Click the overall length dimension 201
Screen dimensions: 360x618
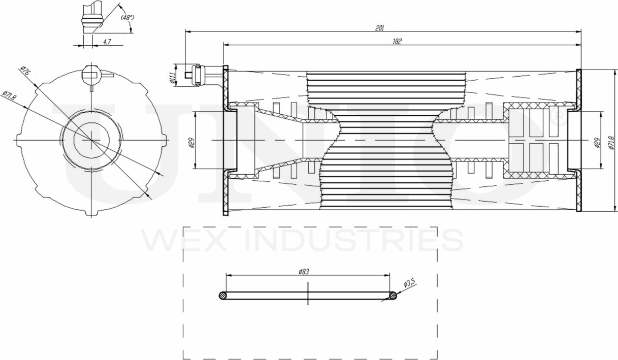(379, 28)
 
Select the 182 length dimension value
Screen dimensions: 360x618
(397, 42)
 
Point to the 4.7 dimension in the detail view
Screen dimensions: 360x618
(107, 42)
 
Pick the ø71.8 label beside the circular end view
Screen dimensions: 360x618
(10, 96)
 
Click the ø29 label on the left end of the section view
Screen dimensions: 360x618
(192, 143)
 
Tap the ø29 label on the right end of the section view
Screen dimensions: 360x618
(597, 143)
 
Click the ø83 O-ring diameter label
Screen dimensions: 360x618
(304, 272)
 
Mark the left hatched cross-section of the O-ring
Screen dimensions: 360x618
(222, 295)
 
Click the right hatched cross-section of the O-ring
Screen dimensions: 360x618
(393, 295)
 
